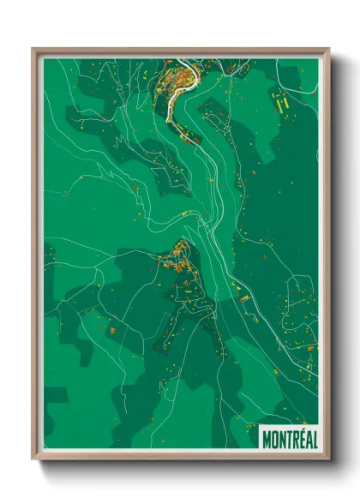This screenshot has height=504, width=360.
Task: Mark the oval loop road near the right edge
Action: click(x=297, y=292)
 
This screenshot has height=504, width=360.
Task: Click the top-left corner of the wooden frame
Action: click(x=34, y=50)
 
